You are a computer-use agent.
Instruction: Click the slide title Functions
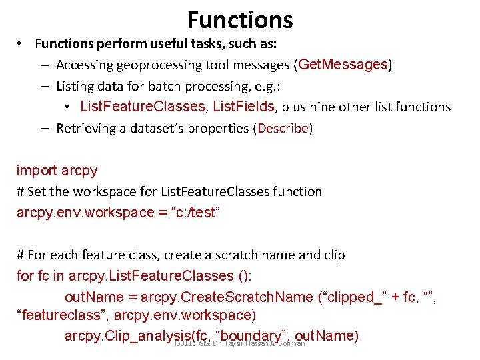pyautogui.click(x=240, y=20)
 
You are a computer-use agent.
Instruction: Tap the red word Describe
pyautogui.click(x=283, y=128)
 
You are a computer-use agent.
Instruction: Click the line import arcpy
pyautogui.click(x=57, y=170)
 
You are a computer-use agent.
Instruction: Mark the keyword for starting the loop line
pyautogui.click(x=25, y=275)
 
